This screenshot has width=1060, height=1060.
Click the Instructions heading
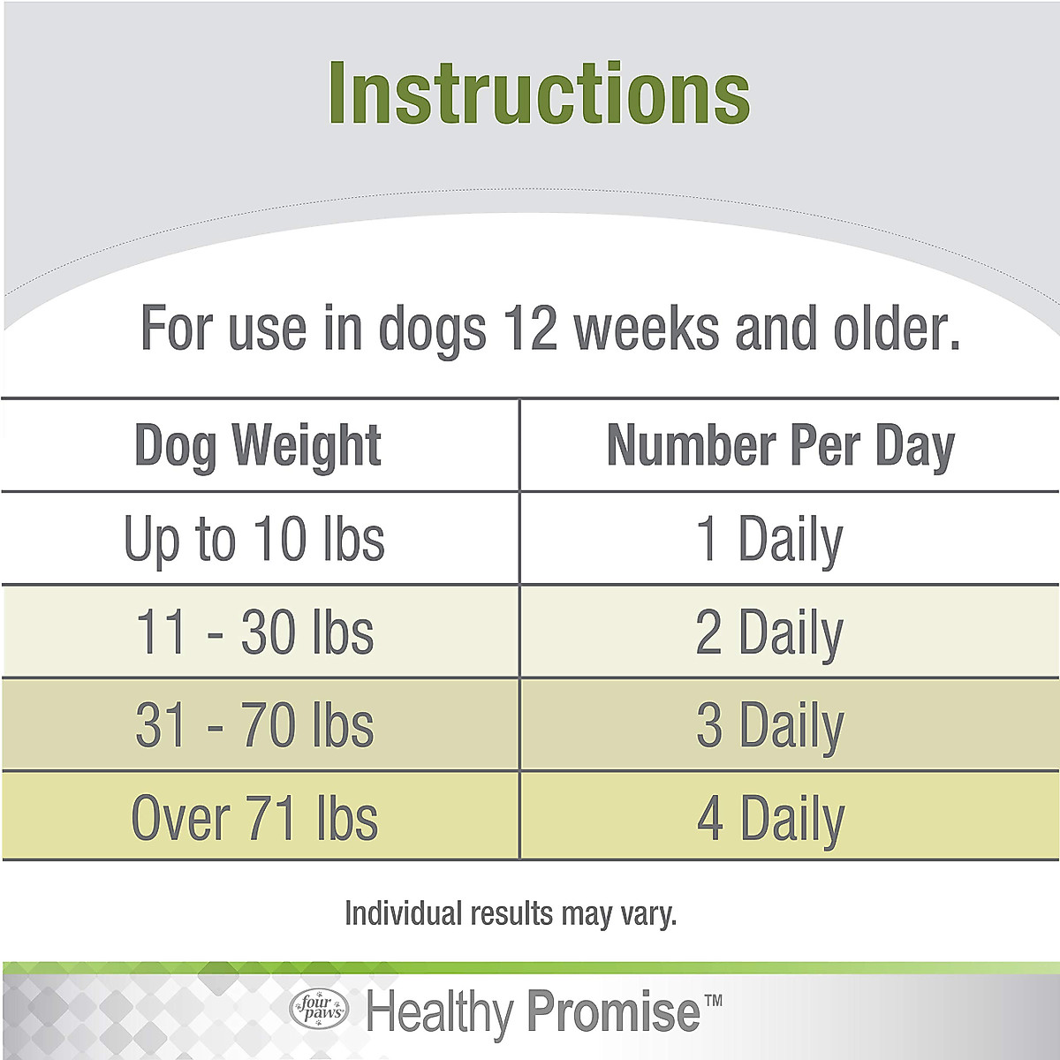539,95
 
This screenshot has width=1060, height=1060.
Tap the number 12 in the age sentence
530,328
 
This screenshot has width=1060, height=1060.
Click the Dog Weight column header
258,445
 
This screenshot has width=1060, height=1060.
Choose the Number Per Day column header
781,445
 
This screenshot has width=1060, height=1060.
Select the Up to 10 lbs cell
254,539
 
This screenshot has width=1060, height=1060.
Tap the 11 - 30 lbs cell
254,632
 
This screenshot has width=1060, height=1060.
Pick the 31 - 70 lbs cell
254,725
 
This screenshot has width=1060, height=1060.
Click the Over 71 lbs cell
254,818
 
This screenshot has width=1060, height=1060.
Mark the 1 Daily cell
769,539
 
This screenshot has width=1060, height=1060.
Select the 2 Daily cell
769,632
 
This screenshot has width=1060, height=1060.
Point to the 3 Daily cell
769,725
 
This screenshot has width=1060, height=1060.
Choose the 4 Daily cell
769,818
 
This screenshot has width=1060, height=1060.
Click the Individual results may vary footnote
511,913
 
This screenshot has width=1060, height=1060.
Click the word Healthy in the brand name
440,1012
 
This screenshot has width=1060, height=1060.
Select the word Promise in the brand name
613,1012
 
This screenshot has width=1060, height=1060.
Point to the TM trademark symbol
713,1001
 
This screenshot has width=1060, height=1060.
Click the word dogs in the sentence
432,329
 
